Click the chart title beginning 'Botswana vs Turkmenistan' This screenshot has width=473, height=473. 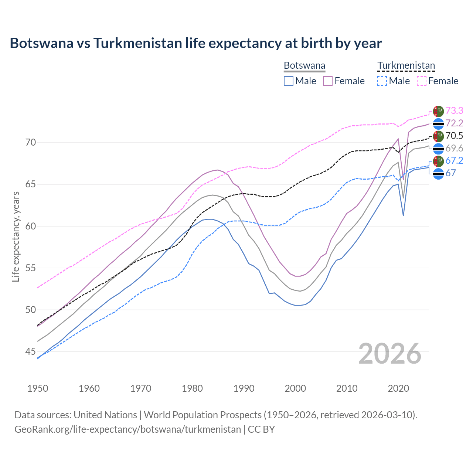pos(195,43)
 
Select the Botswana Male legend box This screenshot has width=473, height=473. pos(289,81)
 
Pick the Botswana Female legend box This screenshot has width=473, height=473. pos(328,81)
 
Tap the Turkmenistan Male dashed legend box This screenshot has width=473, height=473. pos(382,81)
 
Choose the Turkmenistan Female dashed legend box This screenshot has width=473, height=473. pos(421,81)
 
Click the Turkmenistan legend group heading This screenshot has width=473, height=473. pos(406,66)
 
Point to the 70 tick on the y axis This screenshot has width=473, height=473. pos(31,142)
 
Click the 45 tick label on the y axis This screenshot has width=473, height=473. pos(31,351)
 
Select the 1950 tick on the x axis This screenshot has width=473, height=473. pos(38,388)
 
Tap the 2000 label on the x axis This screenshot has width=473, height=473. pos(295,388)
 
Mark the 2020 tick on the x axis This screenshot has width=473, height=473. pos(398,388)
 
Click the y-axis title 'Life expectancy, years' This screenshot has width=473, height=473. pos(16,236)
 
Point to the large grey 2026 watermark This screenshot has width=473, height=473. pos(389,354)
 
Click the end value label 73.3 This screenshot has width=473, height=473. pos(454,110)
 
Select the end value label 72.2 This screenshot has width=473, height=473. pos(454,123)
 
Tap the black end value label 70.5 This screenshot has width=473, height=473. pos(454,136)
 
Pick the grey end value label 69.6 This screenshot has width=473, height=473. pos(454,148)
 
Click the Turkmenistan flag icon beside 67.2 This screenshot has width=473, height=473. pos(438,161)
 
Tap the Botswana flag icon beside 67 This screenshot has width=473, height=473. pos(438,174)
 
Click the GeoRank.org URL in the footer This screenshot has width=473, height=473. pos(127,429)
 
